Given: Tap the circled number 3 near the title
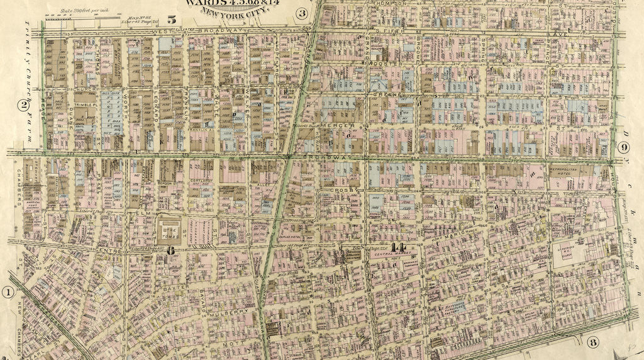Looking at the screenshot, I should click(303, 13).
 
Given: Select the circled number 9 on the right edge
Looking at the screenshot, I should click(623, 148).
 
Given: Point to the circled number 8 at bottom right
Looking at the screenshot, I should click(592, 342).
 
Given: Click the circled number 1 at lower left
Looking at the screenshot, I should click(8, 292).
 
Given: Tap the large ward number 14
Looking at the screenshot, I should click(397, 247).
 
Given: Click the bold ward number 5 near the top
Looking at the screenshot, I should click(171, 20).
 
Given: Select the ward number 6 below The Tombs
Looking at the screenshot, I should click(170, 249).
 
